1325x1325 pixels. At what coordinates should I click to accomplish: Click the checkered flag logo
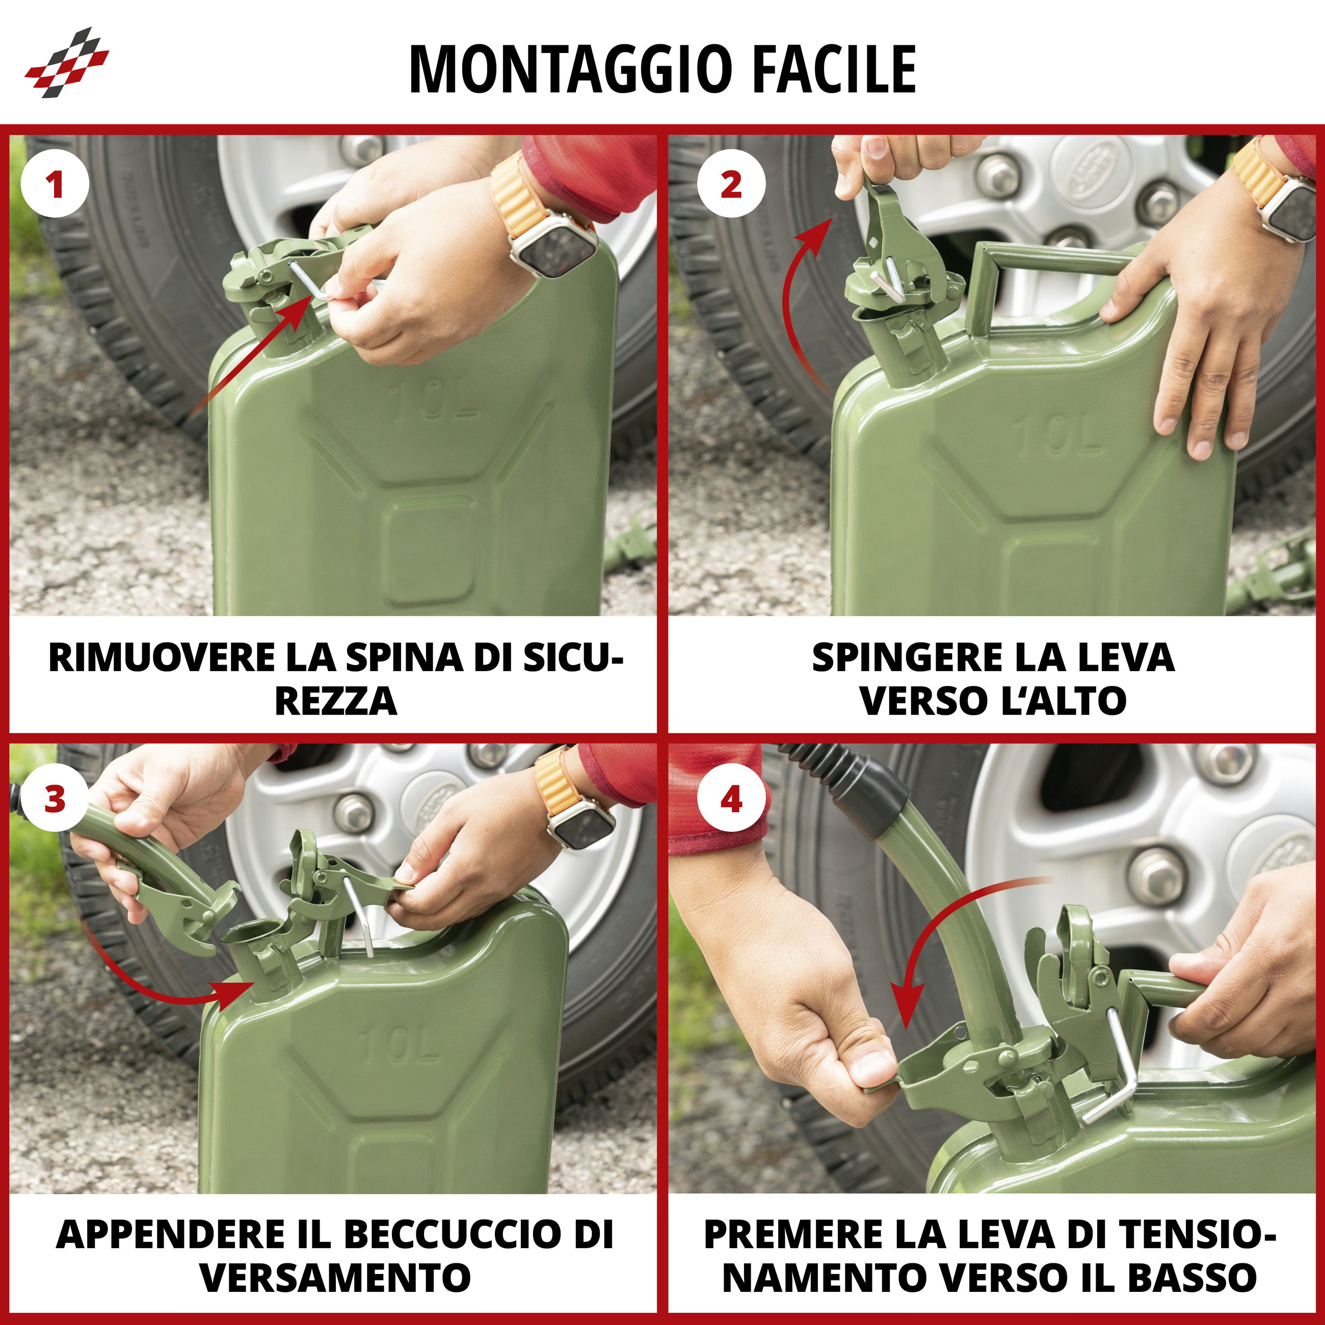67,62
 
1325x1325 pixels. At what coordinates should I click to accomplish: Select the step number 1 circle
56,184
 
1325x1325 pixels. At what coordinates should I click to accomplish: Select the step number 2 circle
731,184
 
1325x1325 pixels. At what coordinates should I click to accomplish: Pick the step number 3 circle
55,800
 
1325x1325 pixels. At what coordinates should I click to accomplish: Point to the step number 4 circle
731,800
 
